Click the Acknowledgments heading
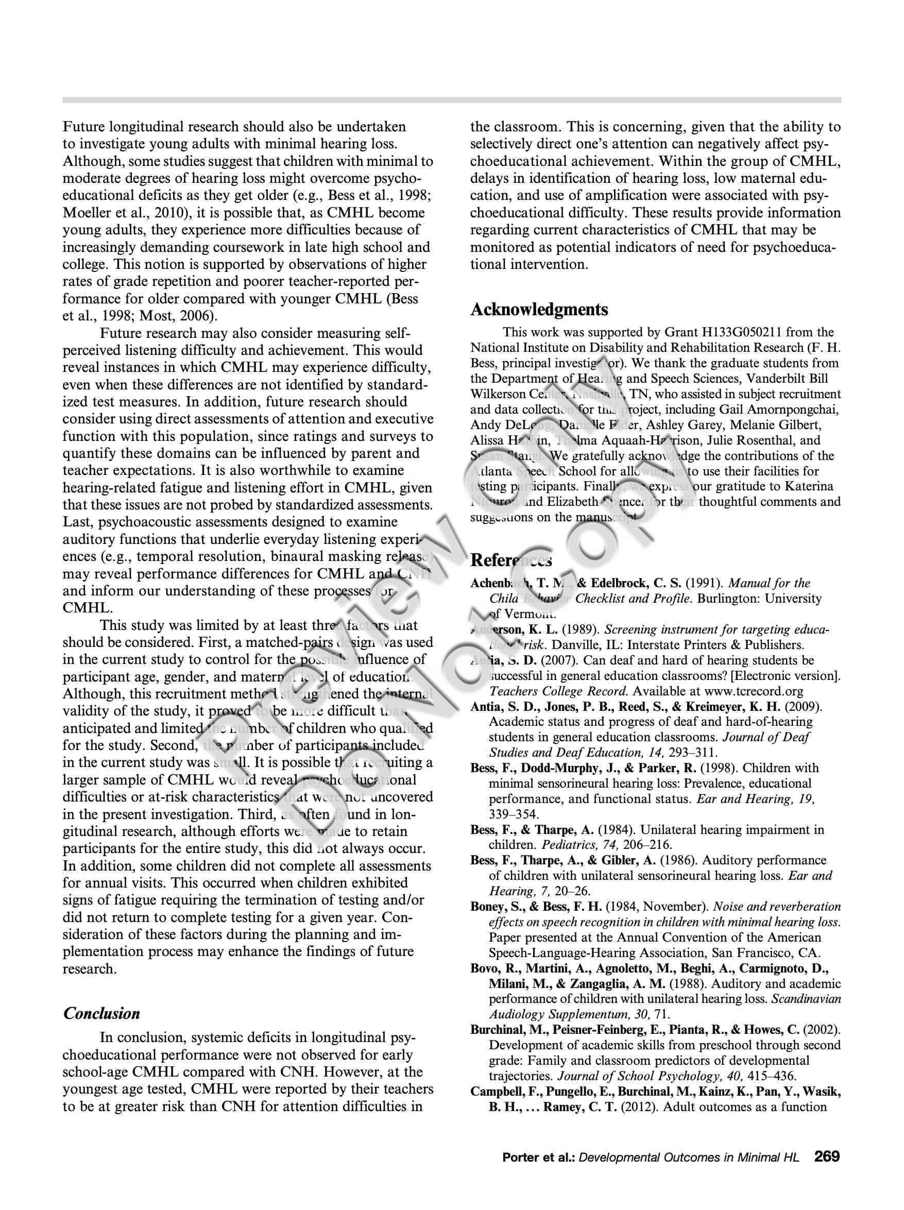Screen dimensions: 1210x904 tap(539, 310)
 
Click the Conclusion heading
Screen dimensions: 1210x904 tap(101, 1014)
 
